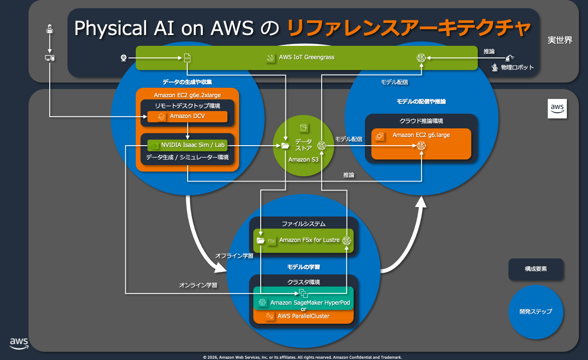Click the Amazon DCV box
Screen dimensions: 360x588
pyautogui.click(x=187, y=116)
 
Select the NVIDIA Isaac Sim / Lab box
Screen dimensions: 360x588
pyautogui.click(x=187, y=145)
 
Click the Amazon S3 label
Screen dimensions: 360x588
pyautogui.click(x=303, y=159)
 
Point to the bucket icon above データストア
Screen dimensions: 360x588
pyautogui.click(x=303, y=128)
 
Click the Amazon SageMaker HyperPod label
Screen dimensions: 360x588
pyautogui.click(x=310, y=303)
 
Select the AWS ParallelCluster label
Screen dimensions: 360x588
pyautogui.click(x=304, y=316)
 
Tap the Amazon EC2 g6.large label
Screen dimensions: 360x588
pyautogui.click(x=421, y=135)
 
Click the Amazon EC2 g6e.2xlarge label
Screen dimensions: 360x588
pyautogui.click(x=188, y=95)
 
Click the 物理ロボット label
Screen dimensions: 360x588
pyautogui.click(x=517, y=67)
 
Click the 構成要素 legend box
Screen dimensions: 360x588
pyautogui.click(x=536, y=269)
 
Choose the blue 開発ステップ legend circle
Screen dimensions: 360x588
pyautogui.click(x=536, y=311)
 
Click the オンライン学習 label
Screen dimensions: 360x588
pyautogui.click(x=198, y=285)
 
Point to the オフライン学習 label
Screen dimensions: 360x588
pyautogui.click(x=234, y=256)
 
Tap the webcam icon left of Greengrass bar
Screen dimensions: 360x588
pyautogui.click(x=123, y=57)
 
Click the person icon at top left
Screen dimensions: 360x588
pyautogui.click(x=50, y=30)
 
